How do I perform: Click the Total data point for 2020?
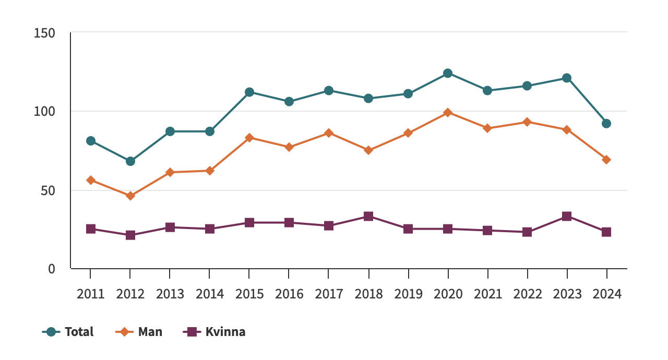coord(448,73)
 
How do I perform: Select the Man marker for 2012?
coord(130,196)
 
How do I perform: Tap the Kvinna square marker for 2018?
coord(368,217)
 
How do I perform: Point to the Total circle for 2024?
coord(606,124)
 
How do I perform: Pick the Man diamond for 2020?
coord(448,112)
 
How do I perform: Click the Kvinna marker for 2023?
coord(567,217)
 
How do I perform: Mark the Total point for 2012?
coord(130,161)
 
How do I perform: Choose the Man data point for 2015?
coord(249,138)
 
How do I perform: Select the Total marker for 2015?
coord(249,92)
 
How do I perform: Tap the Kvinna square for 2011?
coord(91,229)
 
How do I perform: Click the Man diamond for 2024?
coord(606,160)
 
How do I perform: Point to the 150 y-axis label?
coord(44,33)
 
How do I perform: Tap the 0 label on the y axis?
coord(52,269)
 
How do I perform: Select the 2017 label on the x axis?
coord(329,294)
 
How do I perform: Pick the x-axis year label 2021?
coord(487,294)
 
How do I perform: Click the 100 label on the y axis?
coord(44,112)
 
